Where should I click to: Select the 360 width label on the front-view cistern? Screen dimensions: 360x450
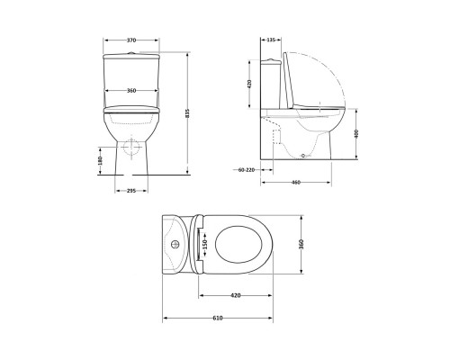(x=131, y=91)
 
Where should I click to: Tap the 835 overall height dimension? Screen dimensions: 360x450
(x=186, y=112)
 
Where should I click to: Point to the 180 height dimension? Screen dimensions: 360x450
(x=100, y=160)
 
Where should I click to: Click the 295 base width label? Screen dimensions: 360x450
(x=131, y=191)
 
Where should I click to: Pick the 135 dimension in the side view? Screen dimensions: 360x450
(x=271, y=40)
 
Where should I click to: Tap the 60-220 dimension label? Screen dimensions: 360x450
(x=244, y=170)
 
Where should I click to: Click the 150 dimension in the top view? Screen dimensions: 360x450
(x=204, y=244)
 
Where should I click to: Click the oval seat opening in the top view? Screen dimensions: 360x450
(x=239, y=244)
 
